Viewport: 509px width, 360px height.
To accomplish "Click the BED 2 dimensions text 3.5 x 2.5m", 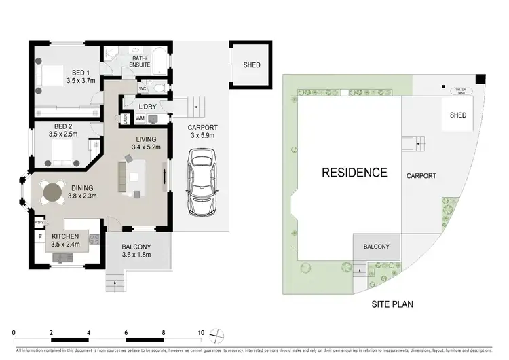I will click(x=69, y=134).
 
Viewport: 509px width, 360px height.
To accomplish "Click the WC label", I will click(x=143, y=89).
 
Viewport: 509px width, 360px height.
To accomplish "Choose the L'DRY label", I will click(x=148, y=107).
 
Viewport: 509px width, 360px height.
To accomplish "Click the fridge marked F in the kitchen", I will click(x=40, y=237).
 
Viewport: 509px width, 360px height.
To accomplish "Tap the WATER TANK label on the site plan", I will click(x=463, y=89).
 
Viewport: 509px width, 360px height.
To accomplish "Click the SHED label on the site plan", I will click(x=458, y=115).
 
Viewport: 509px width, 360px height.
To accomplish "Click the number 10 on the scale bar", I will click(x=201, y=332).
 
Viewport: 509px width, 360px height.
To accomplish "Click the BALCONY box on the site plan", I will click(x=376, y=247).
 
